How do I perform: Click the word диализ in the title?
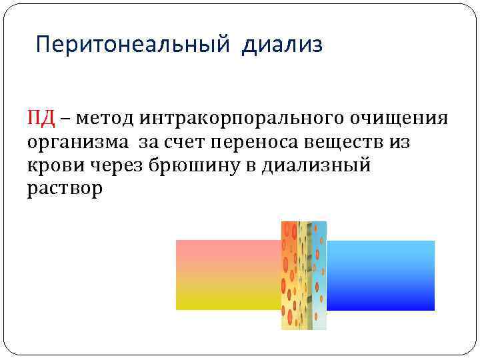pos(283,45)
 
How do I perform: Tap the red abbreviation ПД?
pos(41,118)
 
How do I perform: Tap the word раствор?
pos(65,188)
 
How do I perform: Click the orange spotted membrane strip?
pos(291,275)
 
